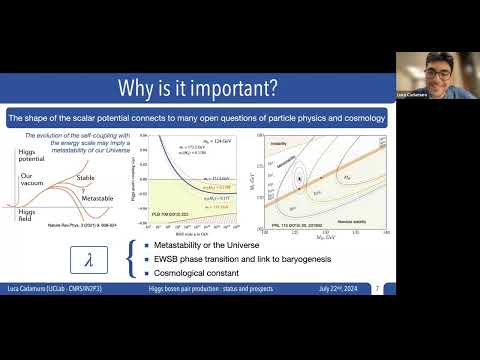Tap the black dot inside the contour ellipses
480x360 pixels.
coord(298,176)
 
